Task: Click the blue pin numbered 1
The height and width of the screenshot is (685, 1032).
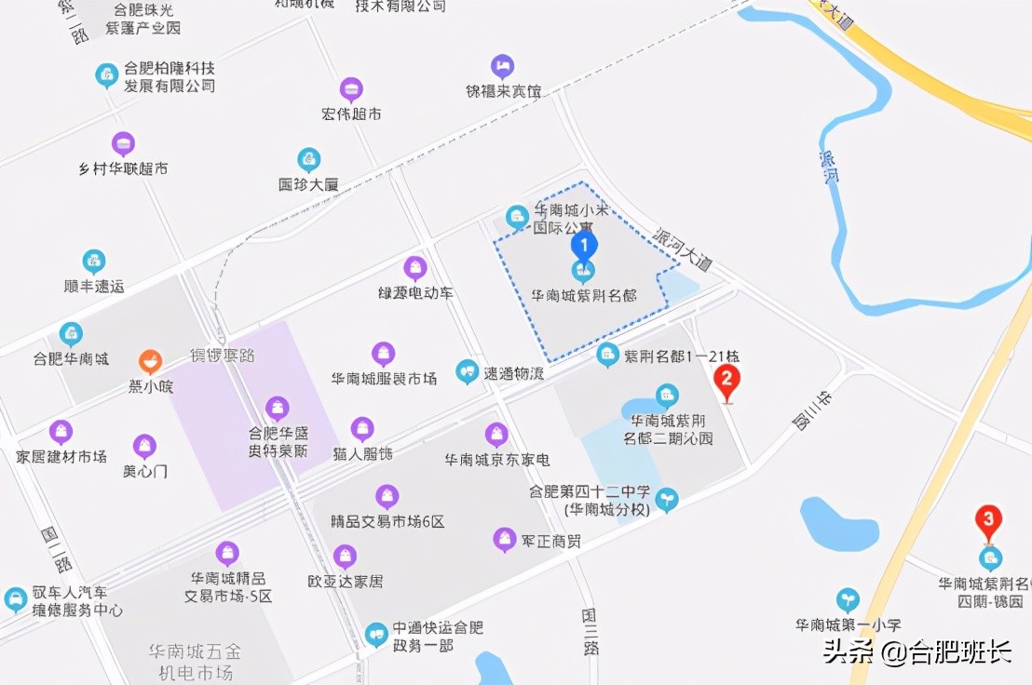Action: pyautogui.click(x=583, y=247)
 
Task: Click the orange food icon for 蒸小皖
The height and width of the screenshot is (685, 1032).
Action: pyautogui.click(x=150, y=362)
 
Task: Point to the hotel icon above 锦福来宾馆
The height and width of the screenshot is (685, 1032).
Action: pyautogui.click(x=503, y=66)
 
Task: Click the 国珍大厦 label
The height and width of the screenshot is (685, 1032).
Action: pyautogui.click(x=308, y=184)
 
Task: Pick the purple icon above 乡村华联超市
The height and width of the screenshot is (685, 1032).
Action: pyautogui.click(x=123, y=144)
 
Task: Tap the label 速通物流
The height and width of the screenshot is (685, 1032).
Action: pyautogui.click(x=513, y=373)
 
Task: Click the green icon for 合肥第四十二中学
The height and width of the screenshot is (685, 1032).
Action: pyautogui.click(x=667, y=500)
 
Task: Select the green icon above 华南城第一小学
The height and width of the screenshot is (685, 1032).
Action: pyautogui.click(x=848, y=599)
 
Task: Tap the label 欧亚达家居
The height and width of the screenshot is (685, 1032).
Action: pyautogui.click(x=345, y=582)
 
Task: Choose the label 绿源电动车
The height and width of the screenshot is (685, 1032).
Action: pyautogui.click(x=415, y=293)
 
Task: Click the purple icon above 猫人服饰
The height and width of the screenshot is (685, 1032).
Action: pyautogui.click(x=363, y=429)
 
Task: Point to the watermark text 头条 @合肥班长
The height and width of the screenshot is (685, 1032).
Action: pyautogui.click(x=917, y=651)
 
